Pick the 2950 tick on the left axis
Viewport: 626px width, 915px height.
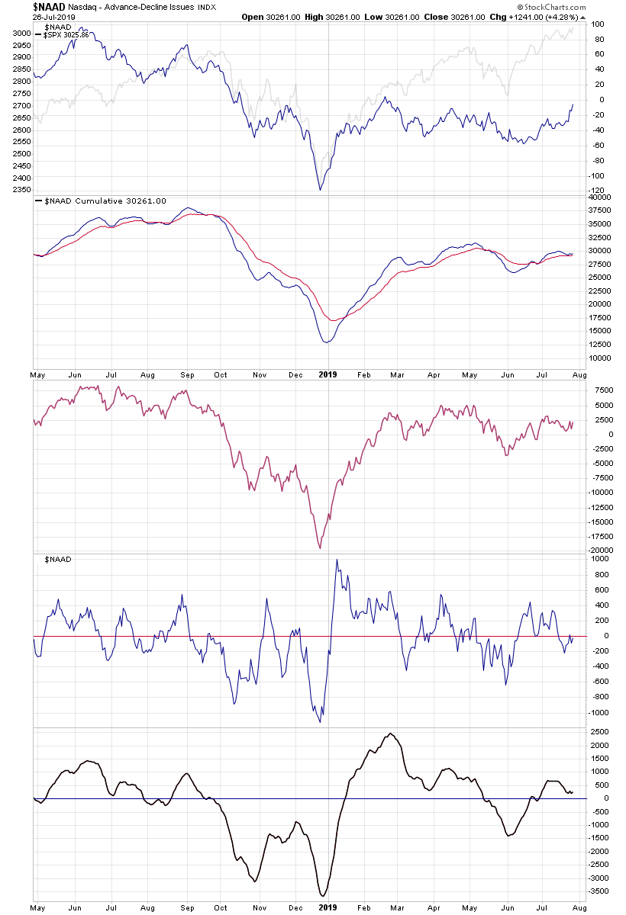click(x=21, y=45)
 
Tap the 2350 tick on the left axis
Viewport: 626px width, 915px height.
click(x=21, y=190)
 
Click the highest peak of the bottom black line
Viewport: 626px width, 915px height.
click(x=390, y=734)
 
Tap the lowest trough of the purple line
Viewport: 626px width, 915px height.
click(x=320, y=548)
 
